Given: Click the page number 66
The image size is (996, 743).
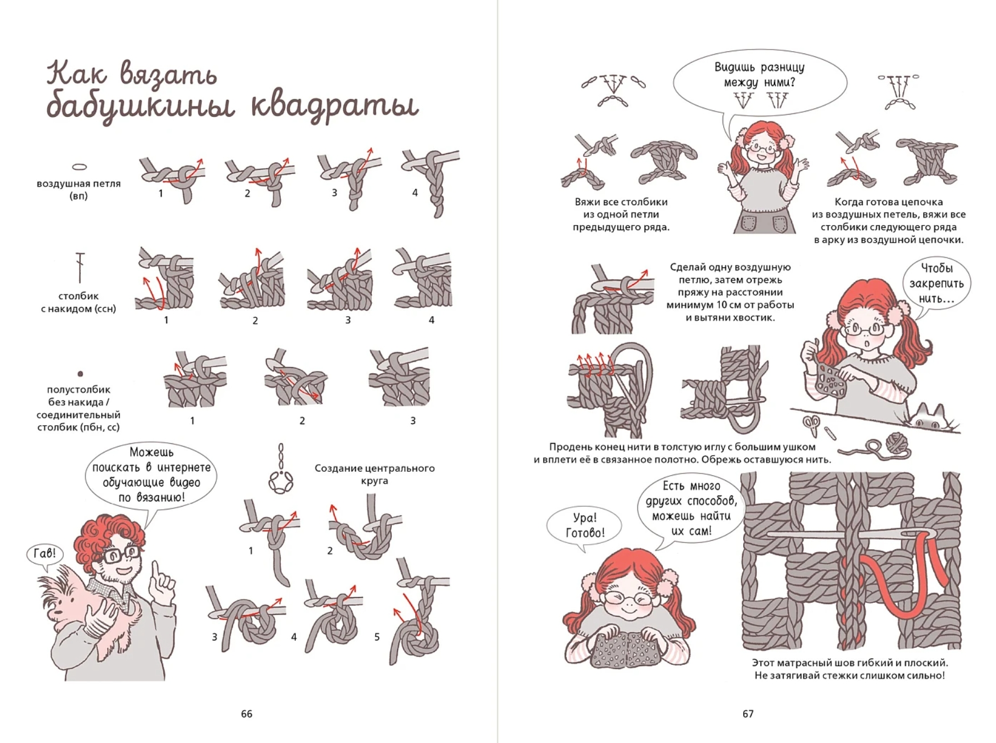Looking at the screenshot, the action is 247,713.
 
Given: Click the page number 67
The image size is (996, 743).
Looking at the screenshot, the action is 748,713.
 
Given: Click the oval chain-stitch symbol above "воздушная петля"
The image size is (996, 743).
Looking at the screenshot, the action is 79,167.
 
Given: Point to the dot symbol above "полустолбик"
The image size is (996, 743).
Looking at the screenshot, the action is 80,374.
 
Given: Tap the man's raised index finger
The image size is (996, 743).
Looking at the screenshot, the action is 156,570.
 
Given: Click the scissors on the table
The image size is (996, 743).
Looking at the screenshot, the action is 812,426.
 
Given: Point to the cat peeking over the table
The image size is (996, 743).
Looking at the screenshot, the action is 929,418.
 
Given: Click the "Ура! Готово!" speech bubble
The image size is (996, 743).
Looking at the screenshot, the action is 584,526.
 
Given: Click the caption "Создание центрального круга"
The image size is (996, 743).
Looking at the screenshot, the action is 374,474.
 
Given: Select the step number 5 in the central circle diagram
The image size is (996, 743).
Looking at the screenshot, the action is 376,637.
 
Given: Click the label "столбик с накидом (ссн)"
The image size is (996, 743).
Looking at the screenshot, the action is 79,302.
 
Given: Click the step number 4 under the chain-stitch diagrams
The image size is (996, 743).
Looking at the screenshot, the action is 415,193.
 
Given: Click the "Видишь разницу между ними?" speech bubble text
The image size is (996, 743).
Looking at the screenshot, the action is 759,75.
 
